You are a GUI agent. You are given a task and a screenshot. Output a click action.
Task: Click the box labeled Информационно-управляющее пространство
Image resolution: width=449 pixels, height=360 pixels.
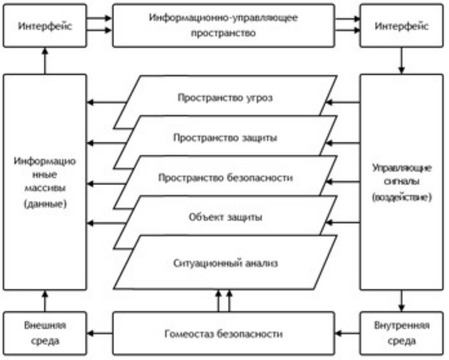[223, 26]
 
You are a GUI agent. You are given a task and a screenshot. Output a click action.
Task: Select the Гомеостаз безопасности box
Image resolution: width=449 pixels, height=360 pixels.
[223, 334]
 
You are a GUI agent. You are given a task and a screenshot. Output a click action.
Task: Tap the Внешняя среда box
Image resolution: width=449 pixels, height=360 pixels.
[45, 333]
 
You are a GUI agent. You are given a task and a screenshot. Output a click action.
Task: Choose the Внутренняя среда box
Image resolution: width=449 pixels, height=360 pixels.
[402, 333]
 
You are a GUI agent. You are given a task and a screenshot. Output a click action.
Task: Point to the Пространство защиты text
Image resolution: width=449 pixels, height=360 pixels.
[225, 138]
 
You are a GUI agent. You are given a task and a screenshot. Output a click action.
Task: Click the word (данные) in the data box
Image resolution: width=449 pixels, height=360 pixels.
[45, 203]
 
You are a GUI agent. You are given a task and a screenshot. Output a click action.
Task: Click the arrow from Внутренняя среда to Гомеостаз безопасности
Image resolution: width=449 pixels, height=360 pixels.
[347, 333]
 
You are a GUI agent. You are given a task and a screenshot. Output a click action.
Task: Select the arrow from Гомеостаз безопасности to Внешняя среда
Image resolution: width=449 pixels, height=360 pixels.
[99, 333]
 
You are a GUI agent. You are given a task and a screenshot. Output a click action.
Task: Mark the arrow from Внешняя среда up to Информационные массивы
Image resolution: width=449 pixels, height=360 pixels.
[45, 301]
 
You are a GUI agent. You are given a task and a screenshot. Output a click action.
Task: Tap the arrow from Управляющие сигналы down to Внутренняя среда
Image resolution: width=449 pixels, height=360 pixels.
[402, 301]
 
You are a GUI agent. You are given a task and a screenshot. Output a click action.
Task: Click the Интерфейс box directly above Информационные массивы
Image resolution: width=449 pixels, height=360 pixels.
[45, 26]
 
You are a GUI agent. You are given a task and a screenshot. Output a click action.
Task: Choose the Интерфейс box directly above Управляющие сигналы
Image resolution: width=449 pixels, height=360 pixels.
[402, 26]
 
